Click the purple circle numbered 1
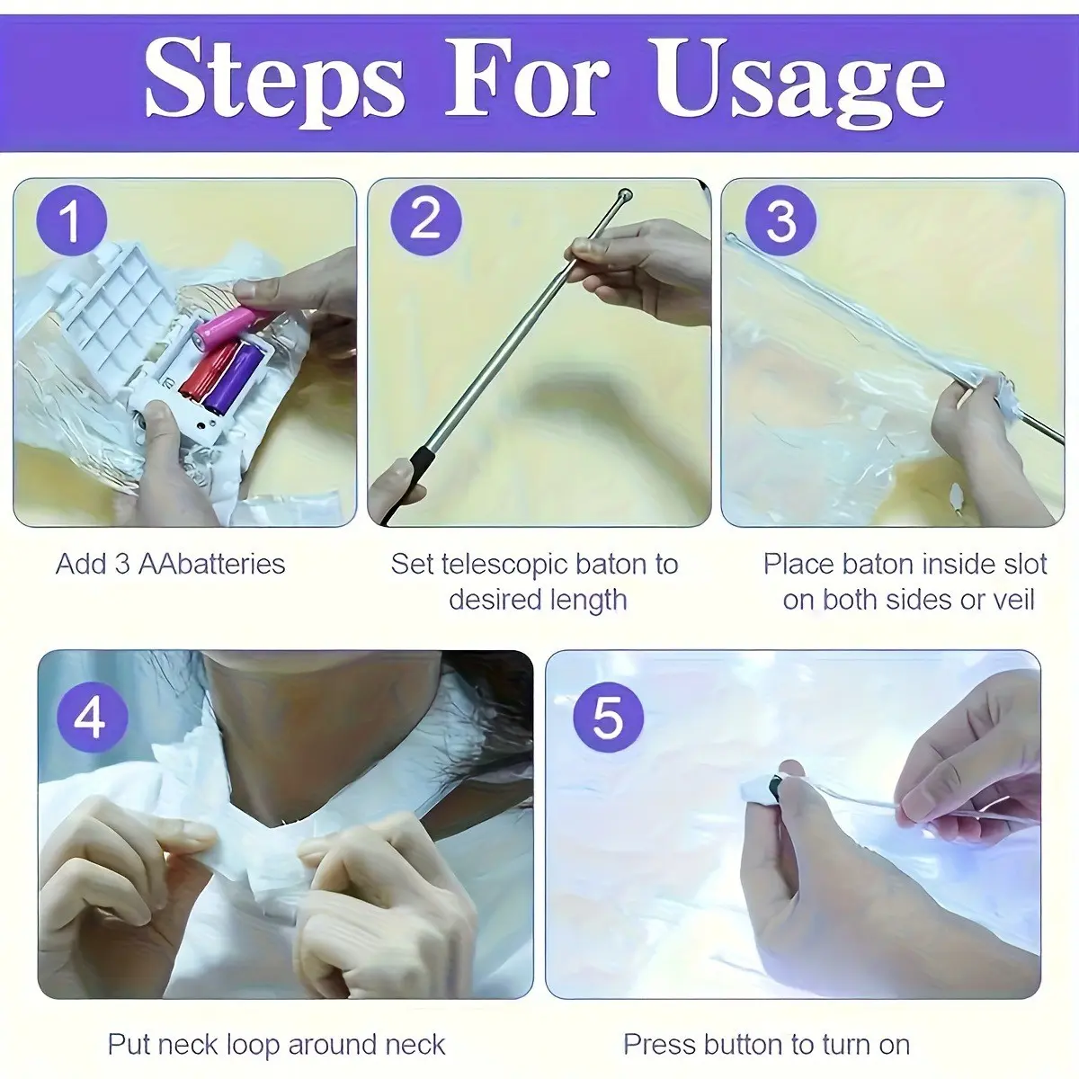click(x=71, y=221)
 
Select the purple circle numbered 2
click(x=426, y=221)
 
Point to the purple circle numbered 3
click(x=780, y=221)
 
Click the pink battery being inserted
click(x=226, y=325)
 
